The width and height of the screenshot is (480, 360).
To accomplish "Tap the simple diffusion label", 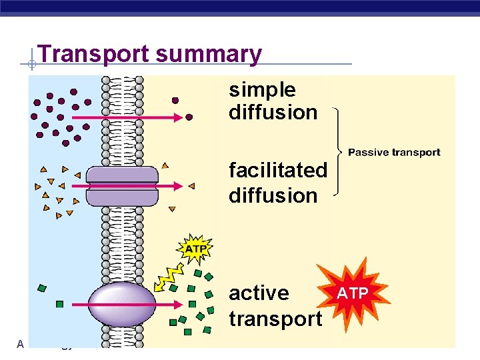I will (273, 101).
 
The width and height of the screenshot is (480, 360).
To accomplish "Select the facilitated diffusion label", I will (278, 183).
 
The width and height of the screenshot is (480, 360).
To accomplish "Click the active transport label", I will (275, 306).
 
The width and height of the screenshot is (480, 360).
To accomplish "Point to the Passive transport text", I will (394, 153).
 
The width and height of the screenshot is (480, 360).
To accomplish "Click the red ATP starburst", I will (351, 293).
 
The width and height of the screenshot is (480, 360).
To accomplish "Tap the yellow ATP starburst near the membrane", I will (195, 249).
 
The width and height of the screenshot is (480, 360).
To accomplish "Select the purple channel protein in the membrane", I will (123, 186).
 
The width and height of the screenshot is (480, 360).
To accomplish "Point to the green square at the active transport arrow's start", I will (59, 304).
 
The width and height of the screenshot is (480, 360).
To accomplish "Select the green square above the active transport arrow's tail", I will (43, 288).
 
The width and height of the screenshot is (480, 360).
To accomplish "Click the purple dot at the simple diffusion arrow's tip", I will (189, 117).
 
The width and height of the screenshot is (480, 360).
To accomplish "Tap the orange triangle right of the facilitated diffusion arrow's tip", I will (191, 186).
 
